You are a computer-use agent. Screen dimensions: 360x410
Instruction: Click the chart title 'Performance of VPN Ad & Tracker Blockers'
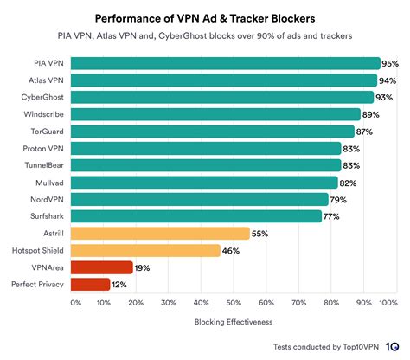205,18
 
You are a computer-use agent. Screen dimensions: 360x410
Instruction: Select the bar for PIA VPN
225,63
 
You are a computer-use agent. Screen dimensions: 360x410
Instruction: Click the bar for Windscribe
215,114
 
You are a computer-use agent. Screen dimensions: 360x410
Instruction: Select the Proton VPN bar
205,148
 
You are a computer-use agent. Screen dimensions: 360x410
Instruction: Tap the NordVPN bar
199,199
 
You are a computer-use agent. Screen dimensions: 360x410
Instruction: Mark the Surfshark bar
195,215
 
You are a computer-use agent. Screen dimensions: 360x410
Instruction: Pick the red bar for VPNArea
101,267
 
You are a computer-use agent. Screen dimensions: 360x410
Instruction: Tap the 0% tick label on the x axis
75,303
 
